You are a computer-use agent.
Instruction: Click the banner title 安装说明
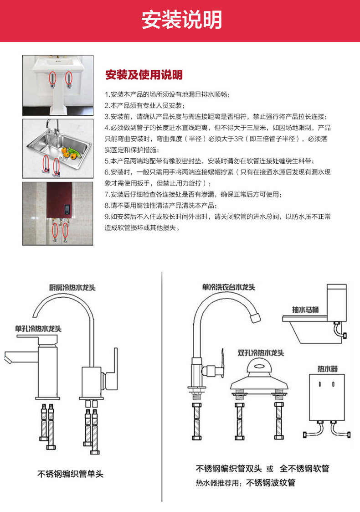click(x=181, y=20)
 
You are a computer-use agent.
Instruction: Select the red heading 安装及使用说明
click(x=144, y=74)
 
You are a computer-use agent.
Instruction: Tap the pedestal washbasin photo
click(x=58, y=85)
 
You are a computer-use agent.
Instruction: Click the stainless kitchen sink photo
click(x=58, y=149)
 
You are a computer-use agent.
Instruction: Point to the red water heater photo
click(x=58, y=213)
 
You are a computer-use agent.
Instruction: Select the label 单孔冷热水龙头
click(x=38, y=328)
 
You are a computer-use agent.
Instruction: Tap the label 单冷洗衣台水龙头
click(x=229, y=287)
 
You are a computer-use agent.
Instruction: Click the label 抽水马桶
click(x=305, y=310)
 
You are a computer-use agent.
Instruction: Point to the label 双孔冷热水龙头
click(x=261, y=353)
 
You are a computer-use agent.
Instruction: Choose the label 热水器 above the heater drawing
click(x=327, y=368)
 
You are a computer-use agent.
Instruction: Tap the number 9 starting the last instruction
click(x=107, y=217)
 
